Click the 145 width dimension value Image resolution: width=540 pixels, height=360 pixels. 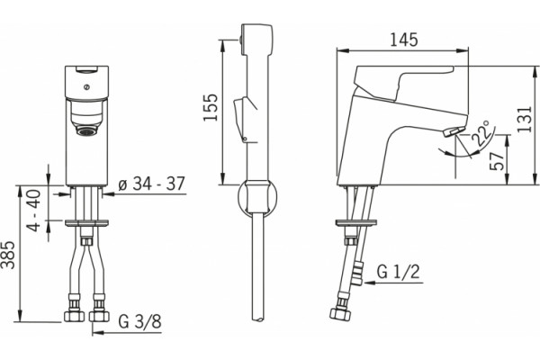pyautogui.click(x=404, y=40)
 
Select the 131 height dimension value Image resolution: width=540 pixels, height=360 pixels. pyautogui.click(x=525, y=120)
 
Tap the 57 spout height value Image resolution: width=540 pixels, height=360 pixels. pyautogui.click(x=497, y=160)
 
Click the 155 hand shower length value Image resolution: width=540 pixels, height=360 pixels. pyautogui.click(x=211, y=107)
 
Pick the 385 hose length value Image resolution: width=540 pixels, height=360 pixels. pyautogui.click(x=7, y=255)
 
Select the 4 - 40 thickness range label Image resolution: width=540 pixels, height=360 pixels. pyautogui.click(x=34, y=211)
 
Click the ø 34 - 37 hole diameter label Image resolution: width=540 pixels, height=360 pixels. pyautogui.click(x=151, y=184)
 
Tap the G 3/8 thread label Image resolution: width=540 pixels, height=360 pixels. pyautogui.click(x=139, y=322)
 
